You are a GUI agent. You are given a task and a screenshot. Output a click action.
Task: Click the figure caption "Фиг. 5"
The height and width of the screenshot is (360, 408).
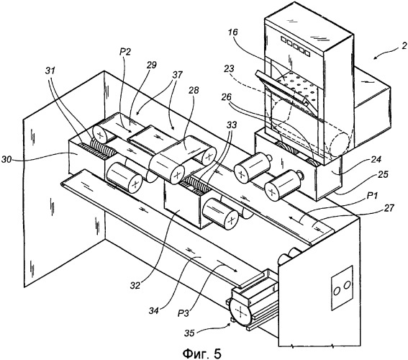[x=202, y=354]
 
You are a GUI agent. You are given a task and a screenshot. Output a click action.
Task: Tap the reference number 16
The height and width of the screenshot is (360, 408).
[x=233, y=32]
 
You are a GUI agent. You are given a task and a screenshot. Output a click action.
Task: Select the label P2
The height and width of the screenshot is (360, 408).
[x=125, y=53]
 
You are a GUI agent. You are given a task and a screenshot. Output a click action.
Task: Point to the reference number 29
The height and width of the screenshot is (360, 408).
[x=151, y=65]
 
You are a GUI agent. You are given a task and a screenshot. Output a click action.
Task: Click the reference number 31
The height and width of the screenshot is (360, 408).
[x=50, y=71]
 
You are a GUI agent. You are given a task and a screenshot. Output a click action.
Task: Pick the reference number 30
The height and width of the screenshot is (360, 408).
[x=7, y=159]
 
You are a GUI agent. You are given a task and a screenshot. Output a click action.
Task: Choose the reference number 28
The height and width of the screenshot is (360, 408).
[x=194, y=90]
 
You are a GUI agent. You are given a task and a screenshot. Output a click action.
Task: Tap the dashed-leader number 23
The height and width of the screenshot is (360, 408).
[x=229, y=69]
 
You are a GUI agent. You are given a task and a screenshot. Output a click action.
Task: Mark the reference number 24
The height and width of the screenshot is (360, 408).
[x=376, y=159]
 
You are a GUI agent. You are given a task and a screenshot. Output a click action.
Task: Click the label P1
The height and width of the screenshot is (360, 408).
[x=372, y=195]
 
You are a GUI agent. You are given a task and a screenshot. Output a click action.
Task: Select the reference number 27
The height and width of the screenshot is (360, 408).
[x=389, y=208]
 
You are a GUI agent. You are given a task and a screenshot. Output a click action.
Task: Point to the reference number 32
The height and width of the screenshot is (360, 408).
[x=135, y=286]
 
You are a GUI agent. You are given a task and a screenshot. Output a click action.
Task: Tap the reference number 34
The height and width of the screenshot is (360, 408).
[x=154, y=311]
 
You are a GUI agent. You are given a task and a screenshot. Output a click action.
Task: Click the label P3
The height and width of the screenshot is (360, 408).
[x=184, y=314]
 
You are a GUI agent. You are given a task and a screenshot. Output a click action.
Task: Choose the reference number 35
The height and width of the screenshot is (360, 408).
[x=190, y=333]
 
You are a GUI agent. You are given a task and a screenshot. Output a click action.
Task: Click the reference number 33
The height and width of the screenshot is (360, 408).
[x=231, y=125]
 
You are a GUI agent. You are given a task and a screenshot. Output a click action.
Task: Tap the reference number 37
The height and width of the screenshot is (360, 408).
[x=177, y=75]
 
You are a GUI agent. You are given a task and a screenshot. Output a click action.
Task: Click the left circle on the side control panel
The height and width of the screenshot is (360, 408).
[x=337, y=291]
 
